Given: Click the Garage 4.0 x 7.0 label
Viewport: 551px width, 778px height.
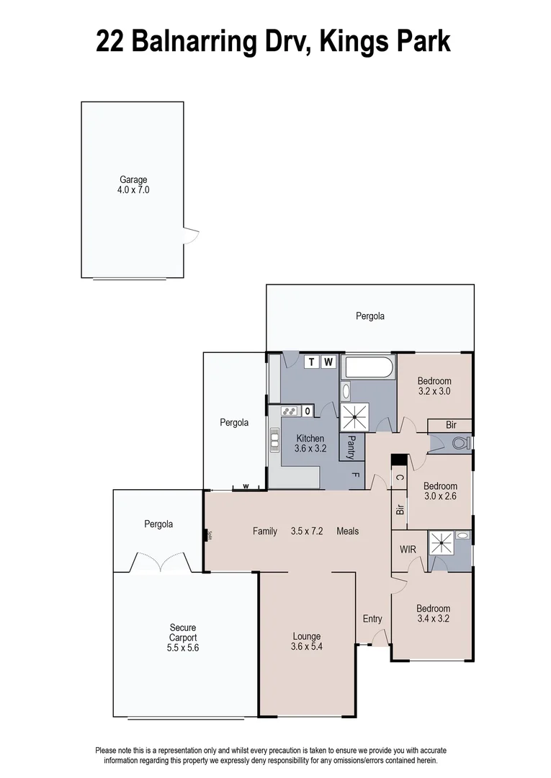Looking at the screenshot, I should click(133, 185).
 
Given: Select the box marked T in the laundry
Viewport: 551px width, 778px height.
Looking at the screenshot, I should click(312, 362).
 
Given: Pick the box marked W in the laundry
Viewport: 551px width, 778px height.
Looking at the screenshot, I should click(328, 362).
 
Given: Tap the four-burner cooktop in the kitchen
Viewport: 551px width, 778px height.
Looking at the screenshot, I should click(290, 411).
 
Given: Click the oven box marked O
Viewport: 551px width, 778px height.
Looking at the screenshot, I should click(308, 411).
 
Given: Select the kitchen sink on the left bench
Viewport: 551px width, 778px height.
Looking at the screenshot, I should click(274, 439).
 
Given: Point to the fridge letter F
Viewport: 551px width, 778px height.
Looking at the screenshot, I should click(355, 475).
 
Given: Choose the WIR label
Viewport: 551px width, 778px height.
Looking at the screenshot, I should click(408, 550).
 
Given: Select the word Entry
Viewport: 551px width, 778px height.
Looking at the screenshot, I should click(372, 619).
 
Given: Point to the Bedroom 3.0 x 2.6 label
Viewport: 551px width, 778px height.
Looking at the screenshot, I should click(440, 491).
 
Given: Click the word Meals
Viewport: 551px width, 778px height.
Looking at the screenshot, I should click(347, 532).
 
